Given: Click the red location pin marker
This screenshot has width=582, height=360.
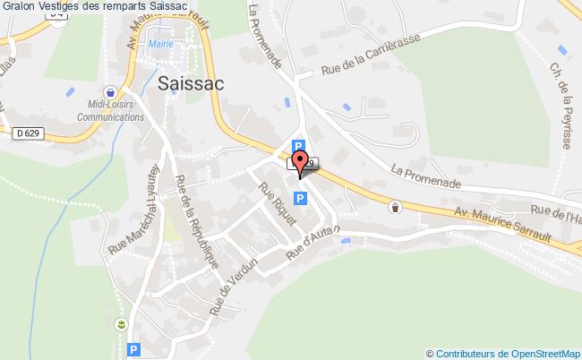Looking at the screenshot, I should [302, 163].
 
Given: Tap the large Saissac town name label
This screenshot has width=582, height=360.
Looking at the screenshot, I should [190, 82].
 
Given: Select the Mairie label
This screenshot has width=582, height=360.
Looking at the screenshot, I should [162, 41].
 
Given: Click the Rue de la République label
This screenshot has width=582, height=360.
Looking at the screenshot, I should [197, 220].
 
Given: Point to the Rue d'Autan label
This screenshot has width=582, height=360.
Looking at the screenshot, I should [314, 243].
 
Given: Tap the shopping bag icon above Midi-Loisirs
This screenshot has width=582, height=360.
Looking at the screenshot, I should [110, 91].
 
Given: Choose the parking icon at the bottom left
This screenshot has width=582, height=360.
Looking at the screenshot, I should [133, 350].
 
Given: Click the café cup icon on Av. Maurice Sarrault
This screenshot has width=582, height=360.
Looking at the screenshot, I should [397, 207].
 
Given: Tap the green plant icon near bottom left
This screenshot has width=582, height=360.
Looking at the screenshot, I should [121, 323].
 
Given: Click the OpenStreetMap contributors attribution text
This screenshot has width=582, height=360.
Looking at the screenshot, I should [508, 353].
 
